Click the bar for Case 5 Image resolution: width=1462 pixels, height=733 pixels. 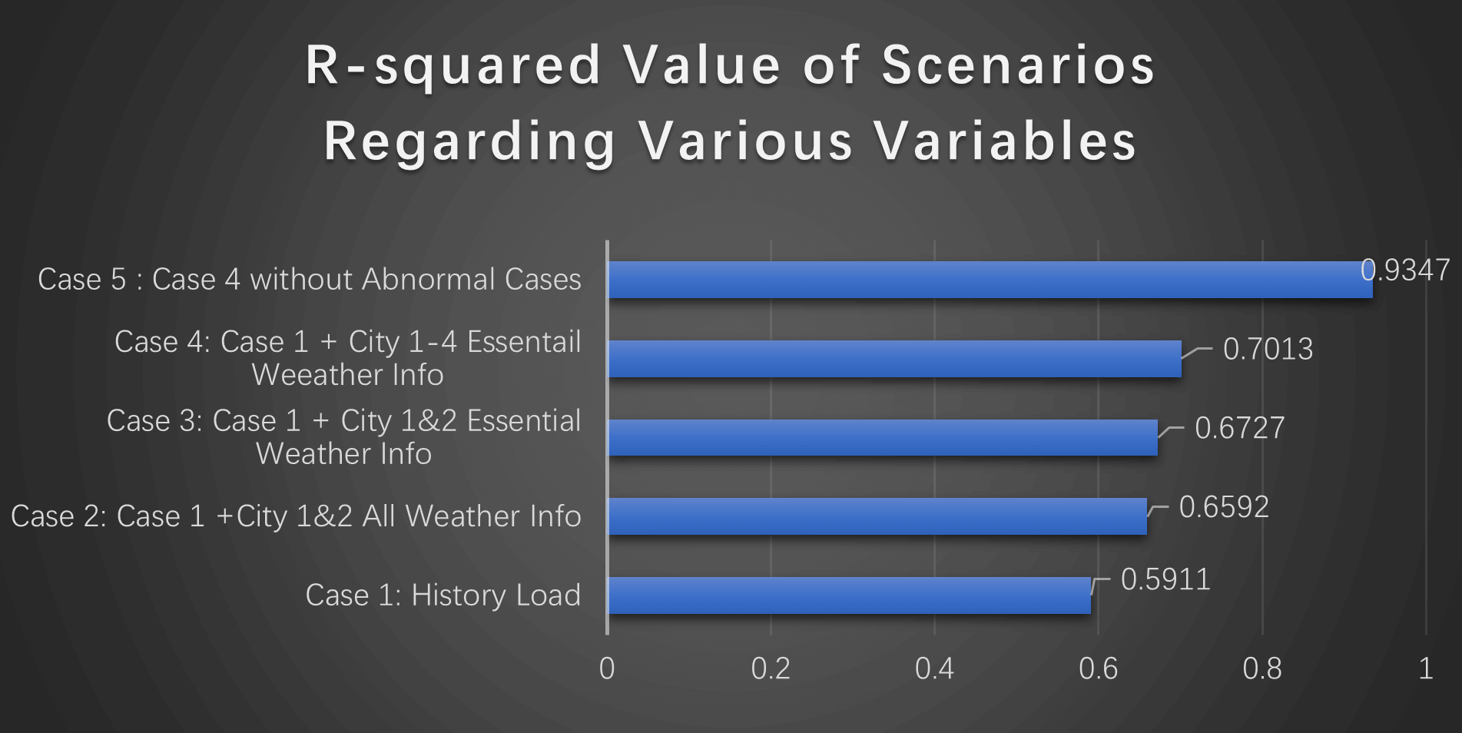[990, 280]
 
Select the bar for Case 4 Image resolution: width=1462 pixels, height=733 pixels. [895, 359]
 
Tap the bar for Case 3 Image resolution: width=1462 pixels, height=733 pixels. [883, 437]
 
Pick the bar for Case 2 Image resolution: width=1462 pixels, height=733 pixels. [877, 516]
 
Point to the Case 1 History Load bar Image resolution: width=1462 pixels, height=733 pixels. [850, 595]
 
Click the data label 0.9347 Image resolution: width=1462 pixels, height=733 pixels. [1405, 270]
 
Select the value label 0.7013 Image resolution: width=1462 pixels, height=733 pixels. [1268, 349]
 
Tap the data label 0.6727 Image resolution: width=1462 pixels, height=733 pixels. [1239, 428]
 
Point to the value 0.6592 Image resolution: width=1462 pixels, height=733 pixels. [1224, 507]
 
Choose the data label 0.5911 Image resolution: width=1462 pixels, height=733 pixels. [1165, 579]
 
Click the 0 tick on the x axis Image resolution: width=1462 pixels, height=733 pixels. [607, 668]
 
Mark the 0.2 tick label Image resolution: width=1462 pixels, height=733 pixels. [771, 668]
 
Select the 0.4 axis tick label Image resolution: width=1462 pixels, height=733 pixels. [934, 668]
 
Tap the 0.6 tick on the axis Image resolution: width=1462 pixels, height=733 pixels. [1098, 668]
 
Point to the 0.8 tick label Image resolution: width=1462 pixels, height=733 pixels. [1262, 668]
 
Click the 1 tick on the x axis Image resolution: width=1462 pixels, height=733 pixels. [1426, 668]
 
